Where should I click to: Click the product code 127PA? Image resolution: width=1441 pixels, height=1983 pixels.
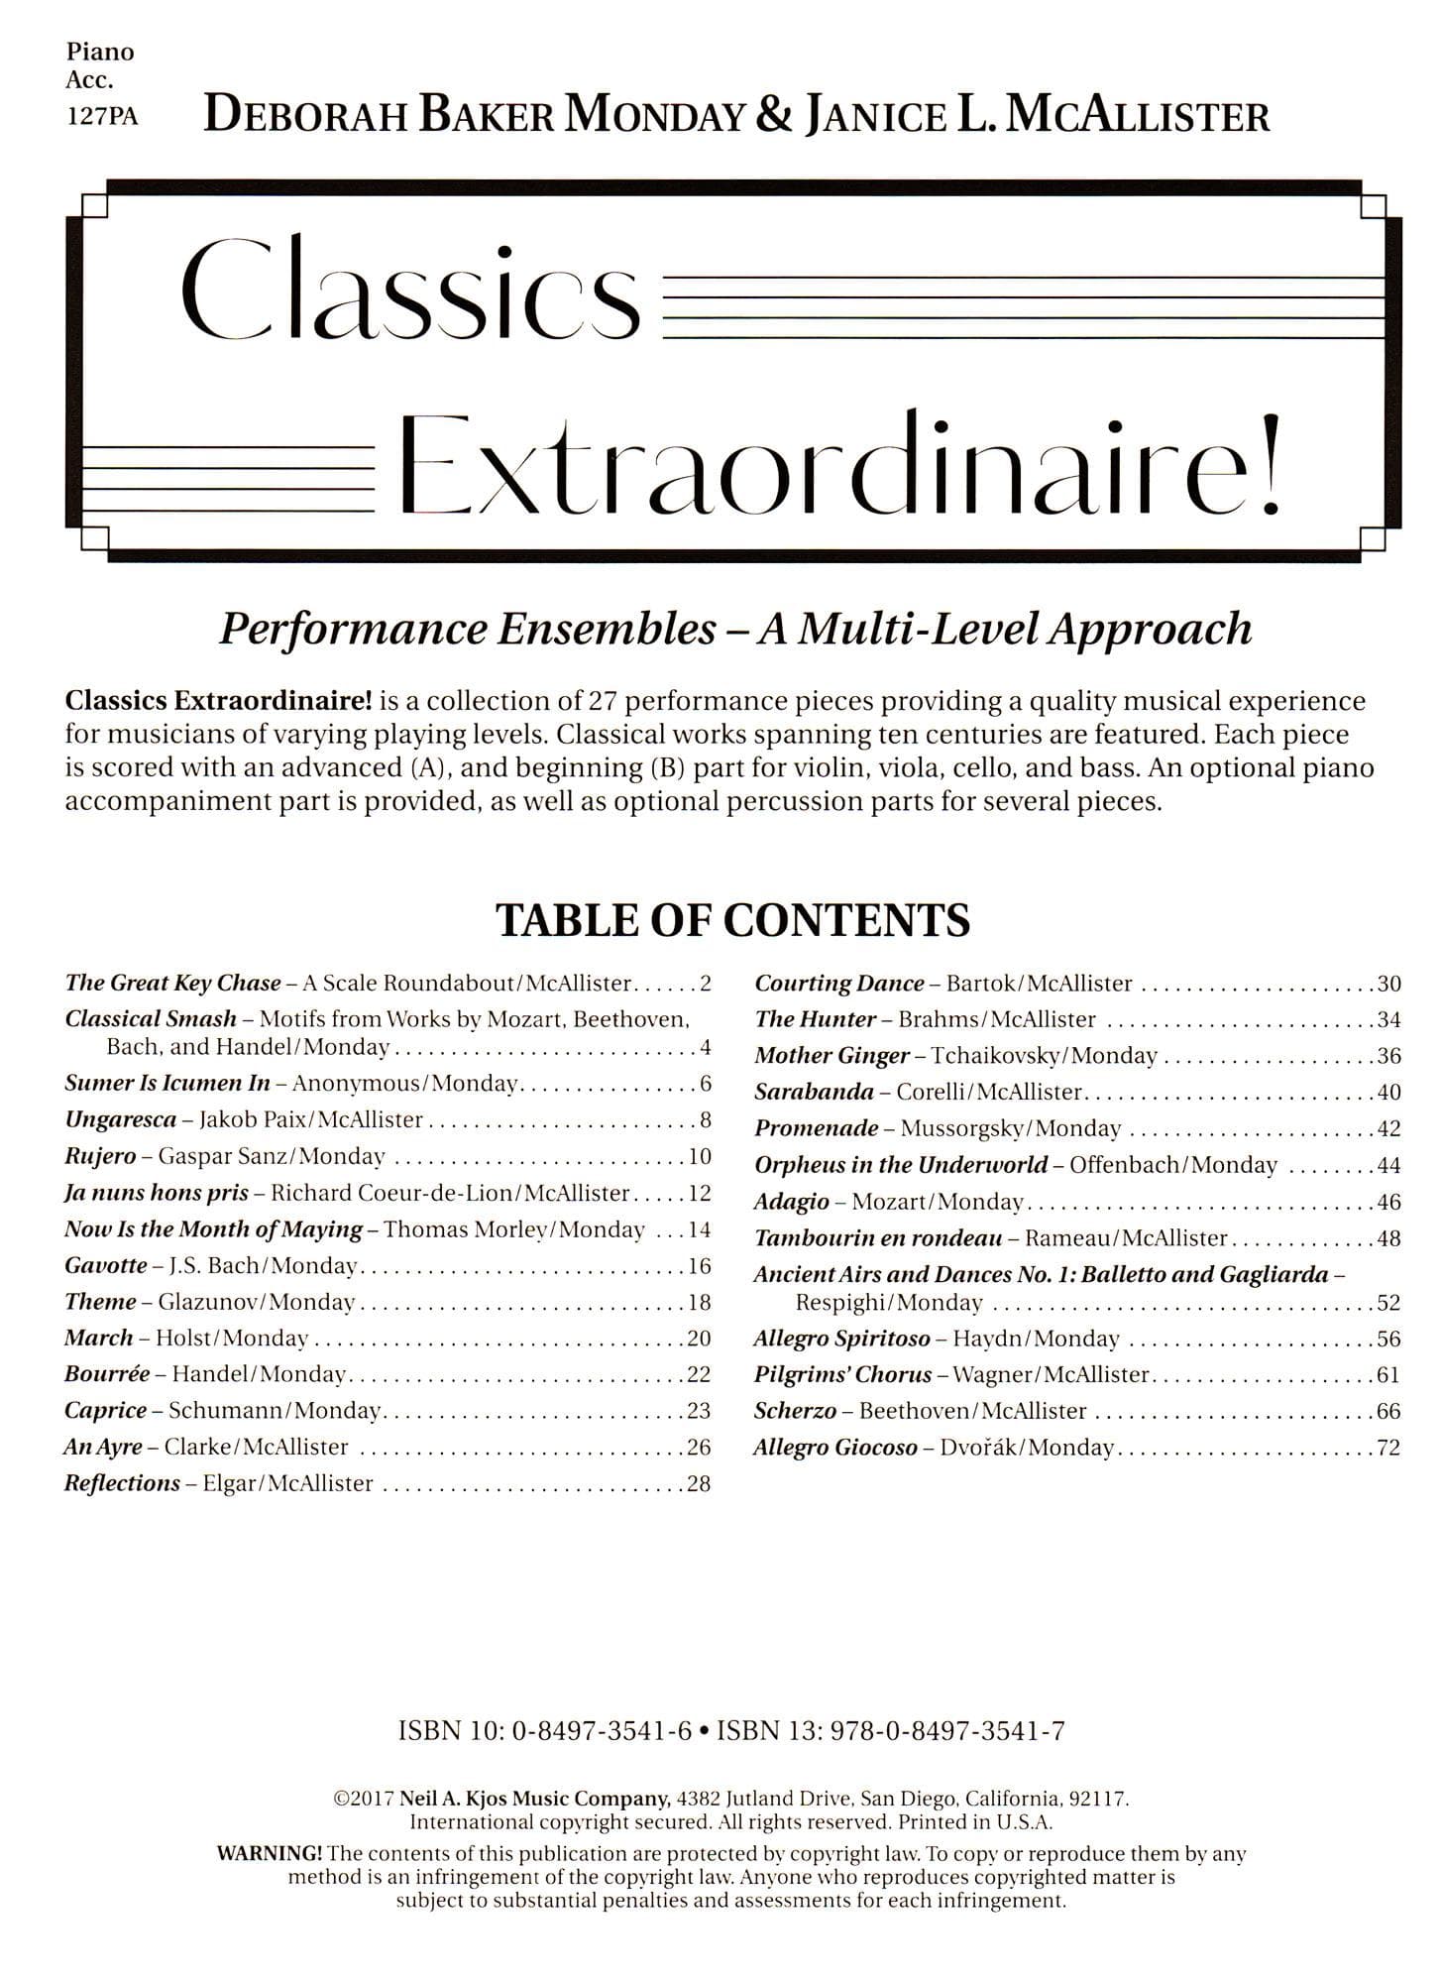[101, 117]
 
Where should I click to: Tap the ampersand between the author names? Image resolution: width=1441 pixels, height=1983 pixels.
[773, 115]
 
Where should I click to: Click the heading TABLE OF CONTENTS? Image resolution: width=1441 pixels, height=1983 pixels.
[732, 920]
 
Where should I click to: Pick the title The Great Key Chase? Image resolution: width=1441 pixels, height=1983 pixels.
[172, 984]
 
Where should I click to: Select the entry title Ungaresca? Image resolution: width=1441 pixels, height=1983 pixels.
[120, 1119]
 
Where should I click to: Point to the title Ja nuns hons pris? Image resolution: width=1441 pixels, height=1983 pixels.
[156, 1193]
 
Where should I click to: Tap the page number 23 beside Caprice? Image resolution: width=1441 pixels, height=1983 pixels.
[699, 1410]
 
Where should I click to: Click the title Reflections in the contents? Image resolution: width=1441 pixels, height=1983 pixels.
[122, 1483]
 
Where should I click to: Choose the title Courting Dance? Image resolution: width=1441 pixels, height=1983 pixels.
[839, 984]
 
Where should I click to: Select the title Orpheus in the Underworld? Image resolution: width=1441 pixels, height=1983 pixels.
[900, 1165]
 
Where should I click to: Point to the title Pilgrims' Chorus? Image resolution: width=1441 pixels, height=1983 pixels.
[842, 1375]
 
